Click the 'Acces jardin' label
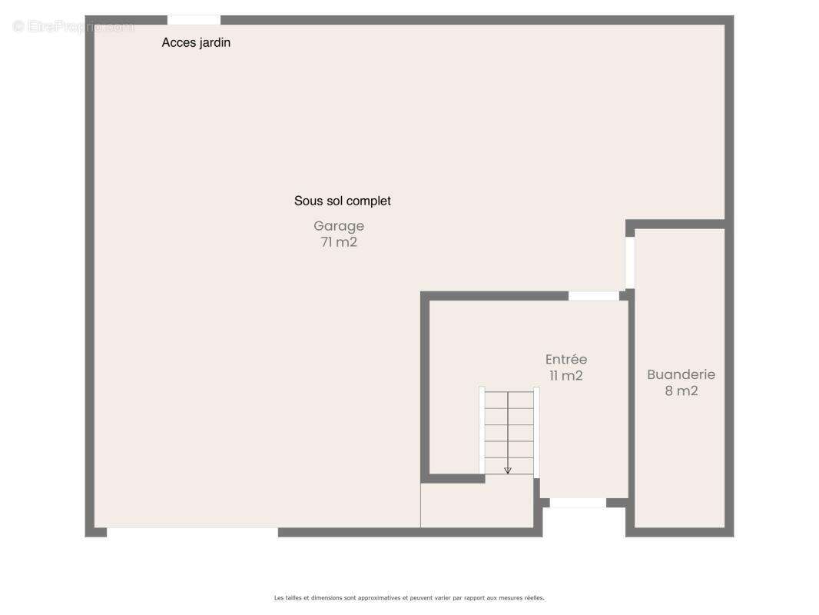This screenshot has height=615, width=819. pyautogui.click(x=196, y=43)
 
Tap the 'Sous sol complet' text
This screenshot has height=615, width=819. pyautogui.click(x=342, y=201)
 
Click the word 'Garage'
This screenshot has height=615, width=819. pyautogui.click(x=339, y=226)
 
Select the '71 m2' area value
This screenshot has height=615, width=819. pyautogui.click(x=339, y=242)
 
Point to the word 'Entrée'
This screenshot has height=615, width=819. pyautogui.click(x=566, y=360)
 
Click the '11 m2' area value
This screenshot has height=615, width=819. pyautogui.click(x=565, y=376)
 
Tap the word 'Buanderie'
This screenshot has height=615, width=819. pyautogui.click(x=681, y=374)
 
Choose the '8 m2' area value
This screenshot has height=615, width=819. pyautogui.click(x=681, y=391)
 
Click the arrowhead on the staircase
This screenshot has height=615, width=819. pyautogui.click(x=508, y=470)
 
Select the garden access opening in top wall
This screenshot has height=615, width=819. pyautogui.click(x=194, y=20)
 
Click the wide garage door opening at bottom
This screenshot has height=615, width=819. pyautogui.click(x=192, y=533)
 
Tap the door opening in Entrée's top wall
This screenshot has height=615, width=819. pyautogui.click(x=593, y=296)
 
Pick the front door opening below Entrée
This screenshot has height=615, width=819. pyautogui.click(x=578, y=503)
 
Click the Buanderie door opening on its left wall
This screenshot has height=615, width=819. pyautogui.click(x=630, y=262)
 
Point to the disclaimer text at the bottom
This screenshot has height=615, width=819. pyautogui.click(x=409, y=598)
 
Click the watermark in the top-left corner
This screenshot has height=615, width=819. pyautogui.click(x=73, y=26)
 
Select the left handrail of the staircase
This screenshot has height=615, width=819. pyautogui.click(x=482, y=430)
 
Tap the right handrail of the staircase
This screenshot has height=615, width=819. pyautogui.click(x=536, y=432)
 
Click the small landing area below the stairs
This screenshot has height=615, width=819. pyautogui.click(x=477, y=505)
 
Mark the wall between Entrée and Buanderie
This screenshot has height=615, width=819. pyautogui.click(x=631, y=413)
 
